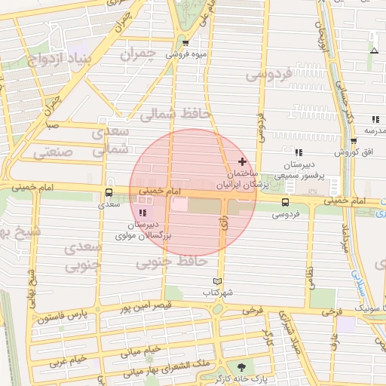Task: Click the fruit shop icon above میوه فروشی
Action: [x=185, y=43]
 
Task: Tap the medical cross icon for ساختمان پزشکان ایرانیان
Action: [x=242, y=161]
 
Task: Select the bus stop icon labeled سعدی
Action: [x=110, y=193]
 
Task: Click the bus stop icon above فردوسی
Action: [x=285, y=202]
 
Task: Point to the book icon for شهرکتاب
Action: [x=219, y=280]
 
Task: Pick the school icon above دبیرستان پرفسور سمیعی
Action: [x=299, y=153]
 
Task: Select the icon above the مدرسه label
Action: [x=375, y=119]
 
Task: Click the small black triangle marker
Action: [x=374, y=51]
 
